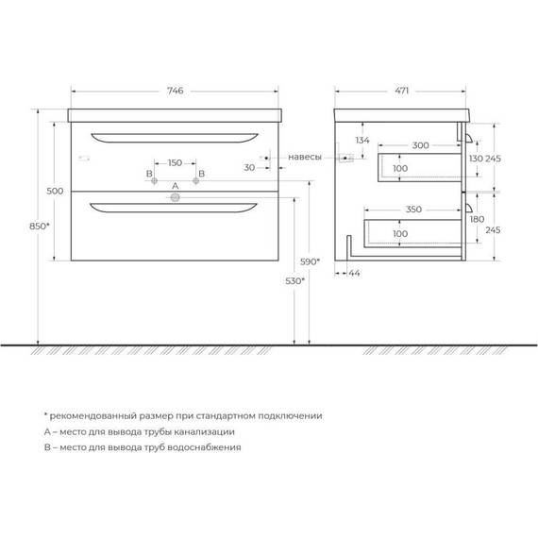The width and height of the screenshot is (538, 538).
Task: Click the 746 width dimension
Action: tap(175, 91)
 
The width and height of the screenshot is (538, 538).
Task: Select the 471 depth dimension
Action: tap(401, 91)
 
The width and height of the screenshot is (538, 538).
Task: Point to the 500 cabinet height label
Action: tap(55, 191)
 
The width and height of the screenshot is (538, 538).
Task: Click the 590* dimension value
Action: tap(311, 262)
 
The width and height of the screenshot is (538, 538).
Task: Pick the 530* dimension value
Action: tap(294, 281)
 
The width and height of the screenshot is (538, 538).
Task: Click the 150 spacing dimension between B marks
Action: tap(175, 163)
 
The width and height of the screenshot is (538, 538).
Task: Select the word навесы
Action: tap(305, 158)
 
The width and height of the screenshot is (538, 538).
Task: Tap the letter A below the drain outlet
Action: tap(175, 187)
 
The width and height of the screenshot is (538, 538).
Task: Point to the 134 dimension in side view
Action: tap(362, 142)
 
